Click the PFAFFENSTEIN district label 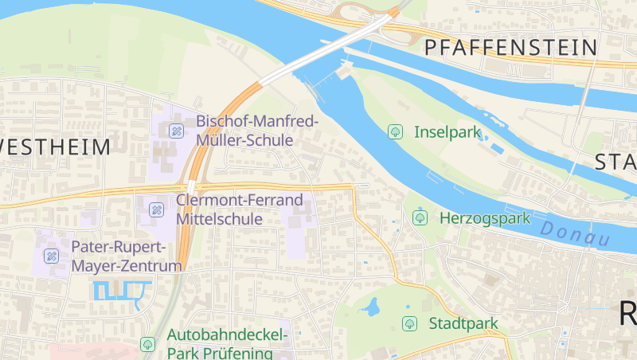pyautogui.click(x=510, y=47)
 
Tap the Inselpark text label pyautogui.click(x=447, y=131)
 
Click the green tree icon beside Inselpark pyautogui.click(x=395, y=131)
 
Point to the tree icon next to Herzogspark pyautogui.click(x=420, y=217)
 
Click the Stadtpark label pyautogui.click(x=463, y=323)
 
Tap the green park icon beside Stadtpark pyautogui.click(x=409, y=323)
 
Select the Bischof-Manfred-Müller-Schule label pyautogui.click(x=257, y=131)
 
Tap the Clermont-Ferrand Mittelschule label pyautogui.click(x=240, y=209)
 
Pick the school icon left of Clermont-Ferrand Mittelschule pyautogui.click(x=156, y=210)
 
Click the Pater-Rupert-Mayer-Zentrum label pyautogui.click(x=127, y=256)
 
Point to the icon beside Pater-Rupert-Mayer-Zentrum pyautogui.click(x=51, y=256)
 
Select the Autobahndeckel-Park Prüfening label pyautogui.click(x=220, y=344)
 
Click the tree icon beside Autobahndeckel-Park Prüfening pyautogui.click(x=147, y=344)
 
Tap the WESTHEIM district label pyautogui.click(x=55, y=147)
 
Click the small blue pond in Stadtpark pyautogui.click(x=370, y=307)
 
